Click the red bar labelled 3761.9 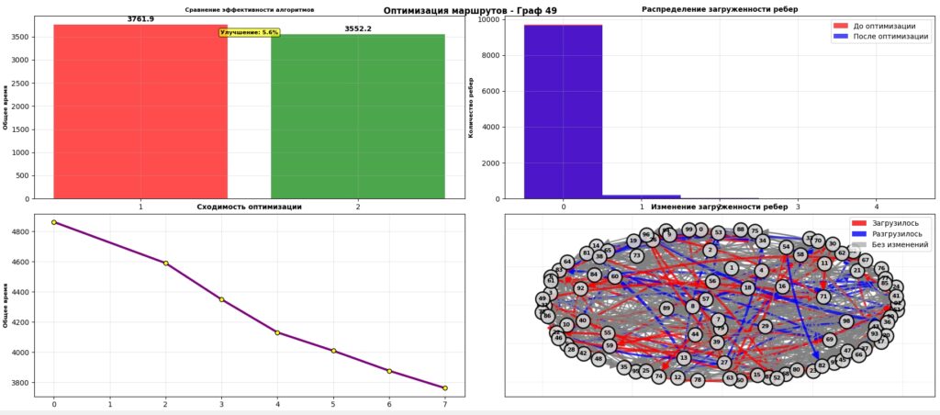(x=140, y=110)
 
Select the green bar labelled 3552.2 (x=357, y=116)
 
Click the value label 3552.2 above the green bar (x=357, y=28)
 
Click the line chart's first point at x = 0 (x=54, y=222)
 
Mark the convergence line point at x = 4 (x=278, y=332)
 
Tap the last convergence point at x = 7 (x=446, y=387)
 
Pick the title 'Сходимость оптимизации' (x=249, y=207)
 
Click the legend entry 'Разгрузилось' (x=894, y=234)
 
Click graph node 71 (x=823, y=297)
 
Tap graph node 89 (x=666, y=308)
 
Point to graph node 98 (x=846, y=321)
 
